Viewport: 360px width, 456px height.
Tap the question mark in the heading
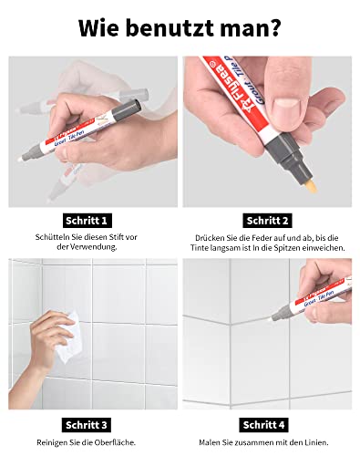pyautogui.click(x=278, y=27)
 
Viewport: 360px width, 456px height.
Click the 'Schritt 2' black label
pyautogui.click(x=269, y=220)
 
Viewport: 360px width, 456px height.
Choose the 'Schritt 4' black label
pyautogui.click(x=269, y=424)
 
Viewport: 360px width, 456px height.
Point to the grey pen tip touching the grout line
pyautogui.click(x=274, y=316)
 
